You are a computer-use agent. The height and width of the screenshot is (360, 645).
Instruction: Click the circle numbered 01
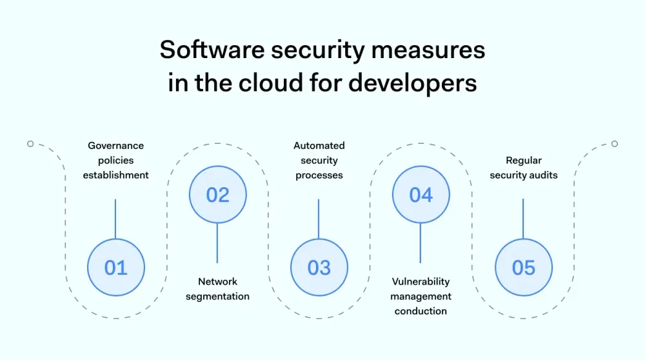116,267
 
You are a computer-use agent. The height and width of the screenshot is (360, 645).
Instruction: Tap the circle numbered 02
217,195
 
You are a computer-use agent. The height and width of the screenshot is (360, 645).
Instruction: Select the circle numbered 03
319,267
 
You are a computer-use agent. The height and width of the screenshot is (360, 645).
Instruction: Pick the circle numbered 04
421,195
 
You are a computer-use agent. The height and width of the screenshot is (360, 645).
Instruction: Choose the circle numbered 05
523,267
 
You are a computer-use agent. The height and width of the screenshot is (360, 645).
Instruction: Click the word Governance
116,146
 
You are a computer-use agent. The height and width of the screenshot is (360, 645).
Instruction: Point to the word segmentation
217,296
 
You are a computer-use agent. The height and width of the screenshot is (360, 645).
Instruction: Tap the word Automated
319,146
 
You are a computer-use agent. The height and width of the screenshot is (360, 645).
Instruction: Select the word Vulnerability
421,281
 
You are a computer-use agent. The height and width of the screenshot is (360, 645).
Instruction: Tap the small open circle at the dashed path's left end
30,144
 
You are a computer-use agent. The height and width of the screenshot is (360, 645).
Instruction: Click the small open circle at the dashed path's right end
615,144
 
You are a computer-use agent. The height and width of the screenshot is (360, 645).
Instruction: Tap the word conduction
421,311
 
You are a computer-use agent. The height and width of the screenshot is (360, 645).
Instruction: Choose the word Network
217,281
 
